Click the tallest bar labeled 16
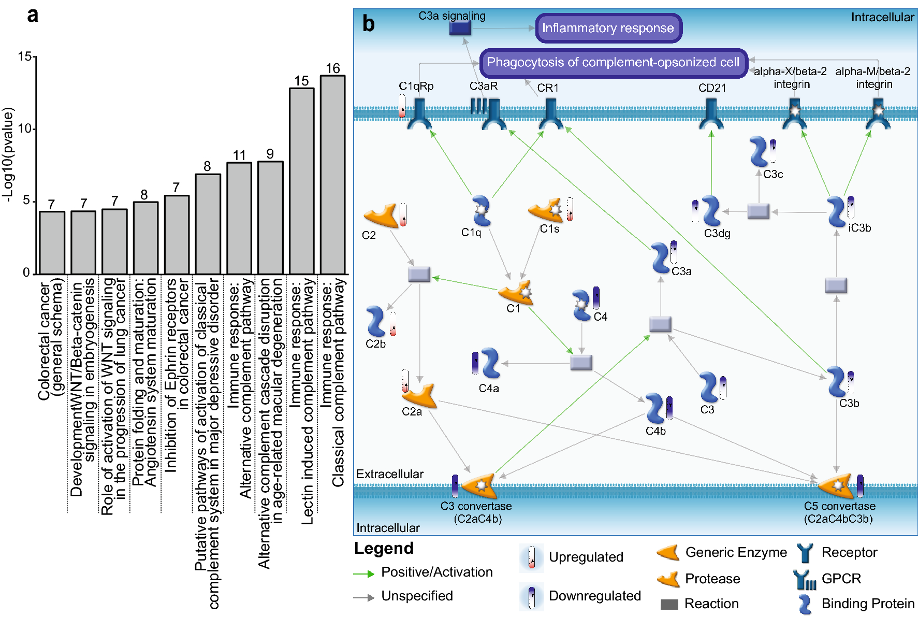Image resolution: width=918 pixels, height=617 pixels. pos(332,175)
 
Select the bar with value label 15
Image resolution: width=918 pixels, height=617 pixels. pos(301,181)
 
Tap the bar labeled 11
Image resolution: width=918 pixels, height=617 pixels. pos(239,218)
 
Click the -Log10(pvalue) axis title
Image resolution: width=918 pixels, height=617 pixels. pos(8,154)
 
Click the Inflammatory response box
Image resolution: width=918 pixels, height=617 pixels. pos(608,28)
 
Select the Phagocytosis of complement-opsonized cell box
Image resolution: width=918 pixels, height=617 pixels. pos(613,63)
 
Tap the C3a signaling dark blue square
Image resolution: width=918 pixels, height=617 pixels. pos(460,28)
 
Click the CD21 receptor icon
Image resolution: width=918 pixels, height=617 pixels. pos(711,114)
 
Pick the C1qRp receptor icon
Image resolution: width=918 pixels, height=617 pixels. pos(419,114)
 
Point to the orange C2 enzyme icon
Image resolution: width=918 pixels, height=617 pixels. pos(381,216)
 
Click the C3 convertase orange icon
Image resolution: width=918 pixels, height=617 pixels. pos(479,485)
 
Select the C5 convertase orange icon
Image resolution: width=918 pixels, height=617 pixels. pos(836,485)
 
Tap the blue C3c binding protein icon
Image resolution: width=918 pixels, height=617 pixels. pos(759,151)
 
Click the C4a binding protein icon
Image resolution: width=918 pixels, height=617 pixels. pos(490,363)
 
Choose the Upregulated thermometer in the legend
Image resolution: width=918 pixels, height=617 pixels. pos(531,558)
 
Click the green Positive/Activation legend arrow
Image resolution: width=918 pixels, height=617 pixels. pos(363,573)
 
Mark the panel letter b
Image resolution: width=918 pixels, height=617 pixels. pos(368,24)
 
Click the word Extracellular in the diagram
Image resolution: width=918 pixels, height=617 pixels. pos(389,474)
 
